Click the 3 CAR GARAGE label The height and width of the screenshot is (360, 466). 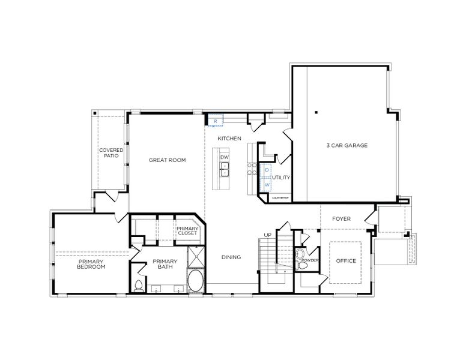tap(346, 145)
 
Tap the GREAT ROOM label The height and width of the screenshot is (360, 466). tap(167, 160)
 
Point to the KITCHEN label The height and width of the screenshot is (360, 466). tap(229, 139)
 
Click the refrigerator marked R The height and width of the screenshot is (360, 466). tap(216, 121)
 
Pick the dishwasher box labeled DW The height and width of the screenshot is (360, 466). tap(225, 157)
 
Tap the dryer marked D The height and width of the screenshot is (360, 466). tap(267, 170)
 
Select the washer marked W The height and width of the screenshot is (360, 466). tap(267, 185)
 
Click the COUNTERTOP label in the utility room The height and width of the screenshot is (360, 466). tap(281, 197)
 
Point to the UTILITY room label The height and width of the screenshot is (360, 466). tap(281, 178)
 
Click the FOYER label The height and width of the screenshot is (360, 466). tap(341, 219)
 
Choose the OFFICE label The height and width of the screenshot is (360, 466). tap(346, 261)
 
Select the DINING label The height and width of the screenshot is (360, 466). tap(231, 257)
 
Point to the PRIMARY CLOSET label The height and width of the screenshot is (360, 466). tap(186, 230)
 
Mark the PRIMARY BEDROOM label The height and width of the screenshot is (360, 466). tap(91, 264)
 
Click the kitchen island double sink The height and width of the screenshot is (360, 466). tap(225, 172)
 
